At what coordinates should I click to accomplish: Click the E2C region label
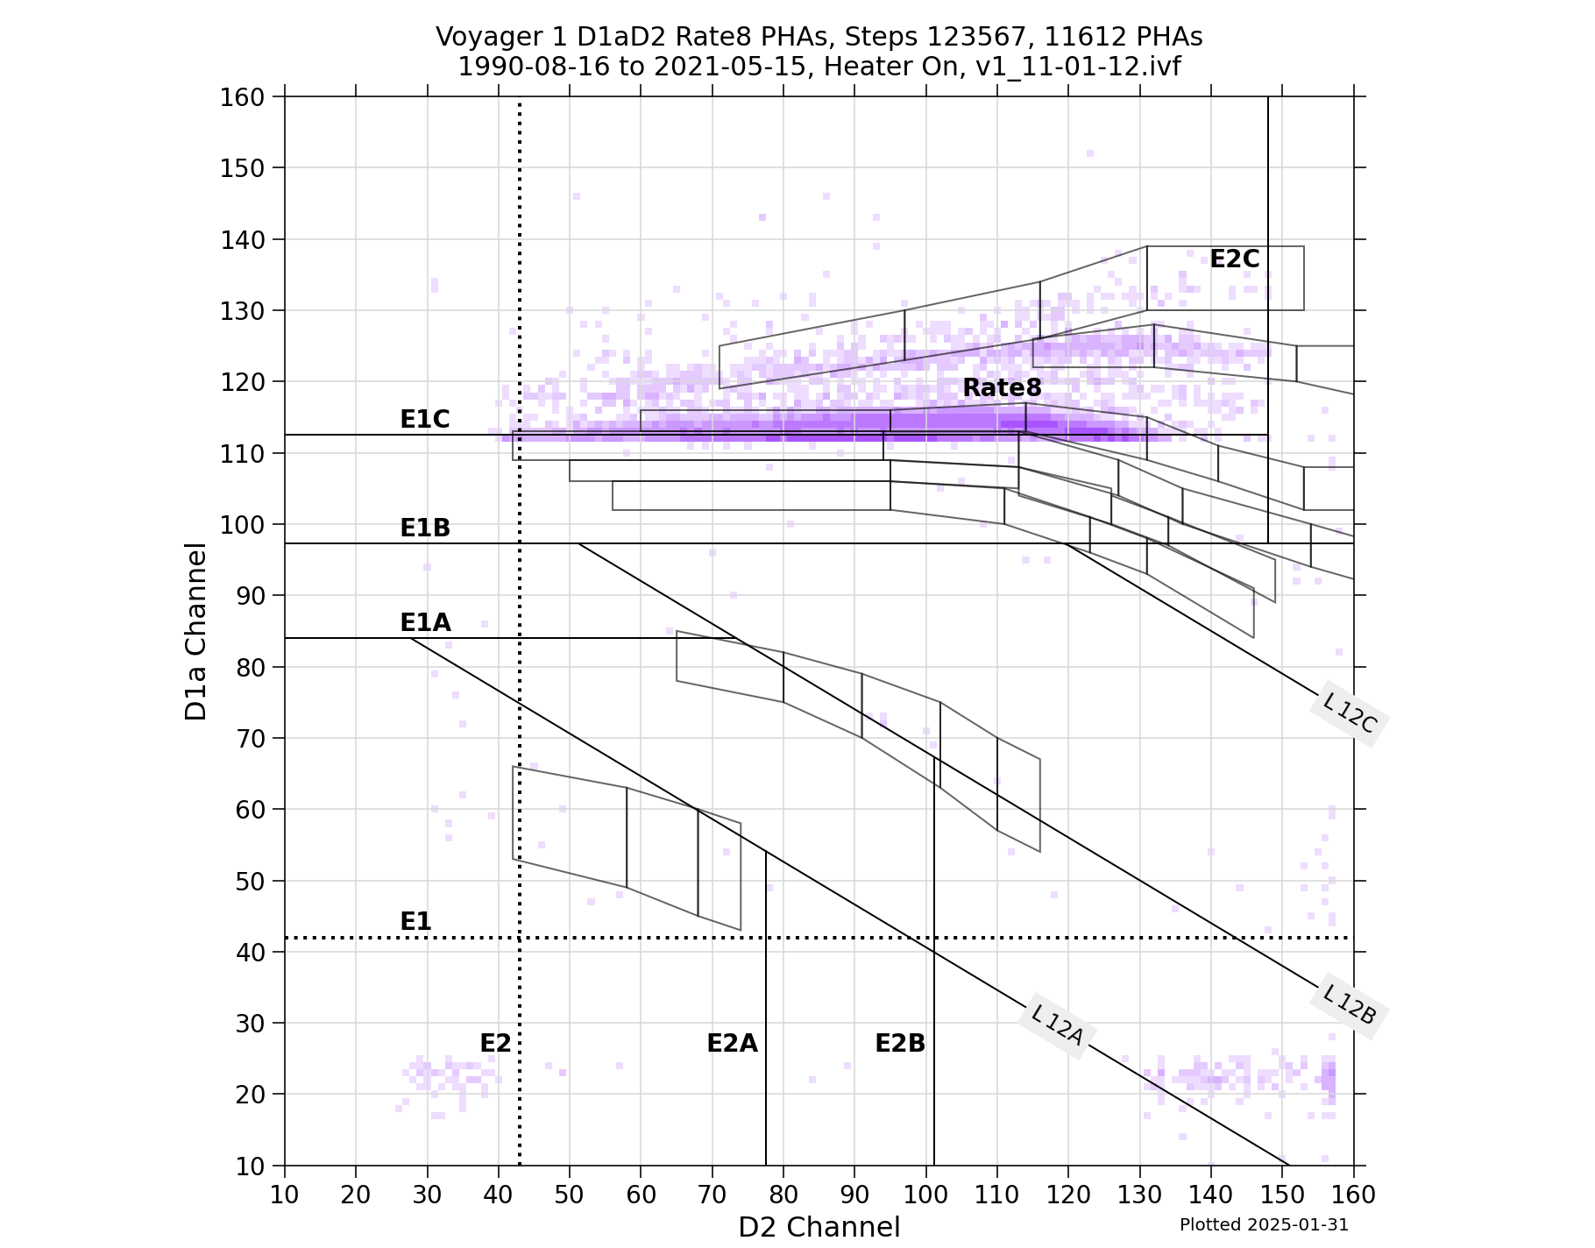point(1234,259)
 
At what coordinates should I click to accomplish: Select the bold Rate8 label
point(1002,387)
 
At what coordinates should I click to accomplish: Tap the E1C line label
point(425,420)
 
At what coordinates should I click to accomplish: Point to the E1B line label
point(425,528)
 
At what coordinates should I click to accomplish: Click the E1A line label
point(425,623)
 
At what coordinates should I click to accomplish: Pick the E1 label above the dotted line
point(415,922)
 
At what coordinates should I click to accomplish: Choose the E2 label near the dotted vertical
point(495,1044)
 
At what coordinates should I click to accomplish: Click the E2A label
point(732,1044)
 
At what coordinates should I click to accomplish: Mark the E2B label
point(900,1044)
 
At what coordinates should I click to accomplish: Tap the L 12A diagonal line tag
point(1058,1025)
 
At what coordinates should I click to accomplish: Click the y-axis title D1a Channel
point(196,631)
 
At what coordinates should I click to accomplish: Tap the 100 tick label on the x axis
point(926,1195)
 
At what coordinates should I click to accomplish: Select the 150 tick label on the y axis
point(241,168)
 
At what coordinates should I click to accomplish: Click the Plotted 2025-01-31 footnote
point(1264,1225)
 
